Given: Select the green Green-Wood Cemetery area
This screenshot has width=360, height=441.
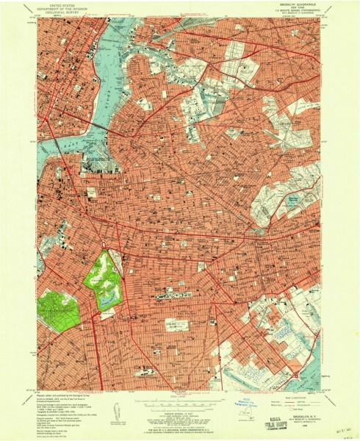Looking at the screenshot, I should pyautogui.click(x=58, y=309).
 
